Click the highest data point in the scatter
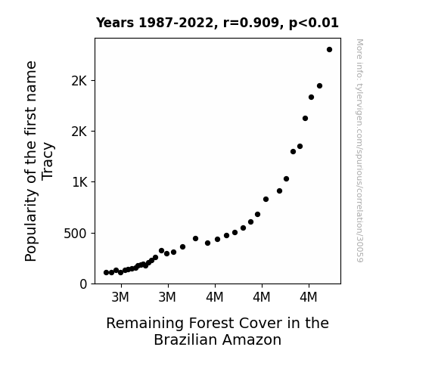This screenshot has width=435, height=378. [329, 50]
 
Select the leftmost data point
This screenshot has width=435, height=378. [106, 272]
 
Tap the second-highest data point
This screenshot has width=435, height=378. [319, 86]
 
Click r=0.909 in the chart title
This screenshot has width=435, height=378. [251, 23]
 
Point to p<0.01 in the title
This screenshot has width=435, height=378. [314, 23]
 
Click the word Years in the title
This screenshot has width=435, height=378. [115, 23]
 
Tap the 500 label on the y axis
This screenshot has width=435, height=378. [75, 234]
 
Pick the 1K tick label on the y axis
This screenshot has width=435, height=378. [79, 182]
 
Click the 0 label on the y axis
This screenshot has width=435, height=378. [83, 284]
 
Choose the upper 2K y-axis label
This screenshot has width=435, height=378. [79, 81]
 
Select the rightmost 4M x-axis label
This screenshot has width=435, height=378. [308, 297]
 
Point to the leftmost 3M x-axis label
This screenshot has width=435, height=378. [120, 297]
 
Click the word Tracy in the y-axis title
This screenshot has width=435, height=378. [48, 161]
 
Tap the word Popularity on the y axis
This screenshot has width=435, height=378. [30, 225]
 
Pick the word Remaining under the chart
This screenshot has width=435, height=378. [144, 324]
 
